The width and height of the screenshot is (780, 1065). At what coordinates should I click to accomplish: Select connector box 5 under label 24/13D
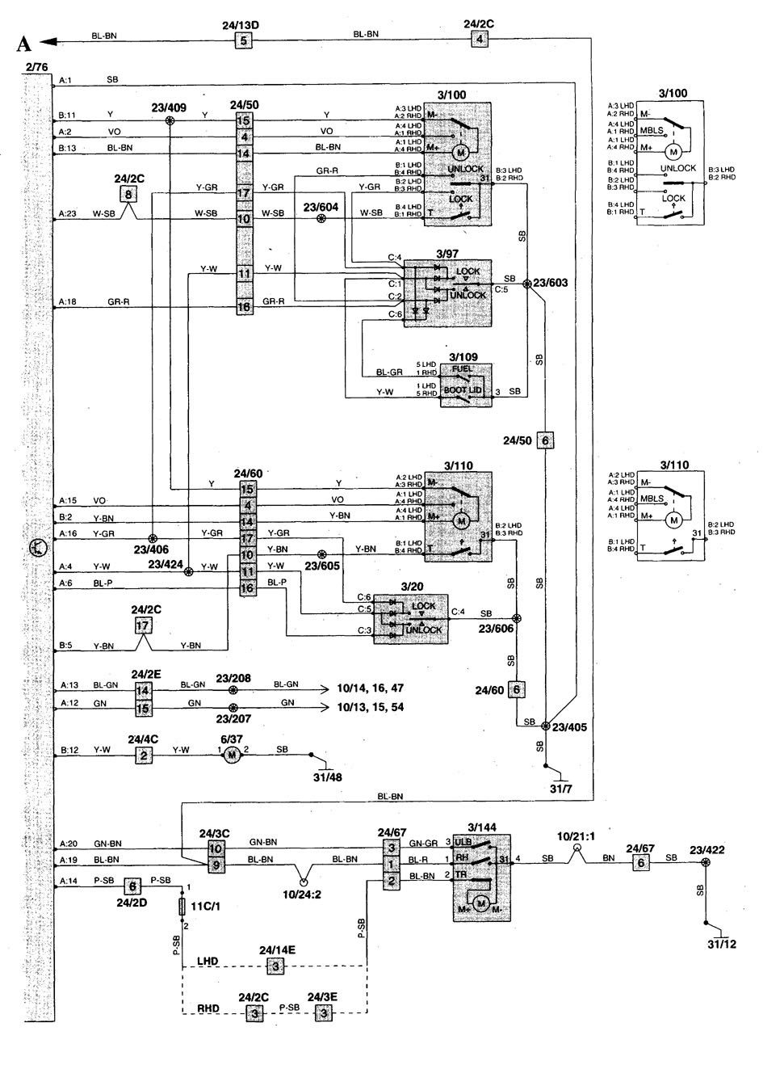click(x=242, y=40)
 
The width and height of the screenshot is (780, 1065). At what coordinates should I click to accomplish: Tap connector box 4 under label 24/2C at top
click(x=480, y=39)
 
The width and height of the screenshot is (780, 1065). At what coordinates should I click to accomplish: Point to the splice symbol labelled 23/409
click(x=170, y=120)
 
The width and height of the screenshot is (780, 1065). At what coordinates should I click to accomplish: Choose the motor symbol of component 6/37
click(x=232, y=756)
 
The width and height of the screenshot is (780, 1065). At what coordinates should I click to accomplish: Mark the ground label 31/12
click(x=722, y=944)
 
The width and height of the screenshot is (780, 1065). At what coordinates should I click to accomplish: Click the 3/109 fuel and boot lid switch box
click(x=466, y=385)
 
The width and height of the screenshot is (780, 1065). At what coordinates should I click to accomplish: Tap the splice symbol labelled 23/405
click(x=546, y=726)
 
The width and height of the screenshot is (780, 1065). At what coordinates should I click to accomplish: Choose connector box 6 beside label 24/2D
click(x=135, y=886)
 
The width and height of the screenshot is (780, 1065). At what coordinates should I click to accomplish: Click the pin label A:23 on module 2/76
click(x=67, y=215)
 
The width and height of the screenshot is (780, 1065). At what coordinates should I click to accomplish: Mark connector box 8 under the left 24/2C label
click(x=126, y=194)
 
